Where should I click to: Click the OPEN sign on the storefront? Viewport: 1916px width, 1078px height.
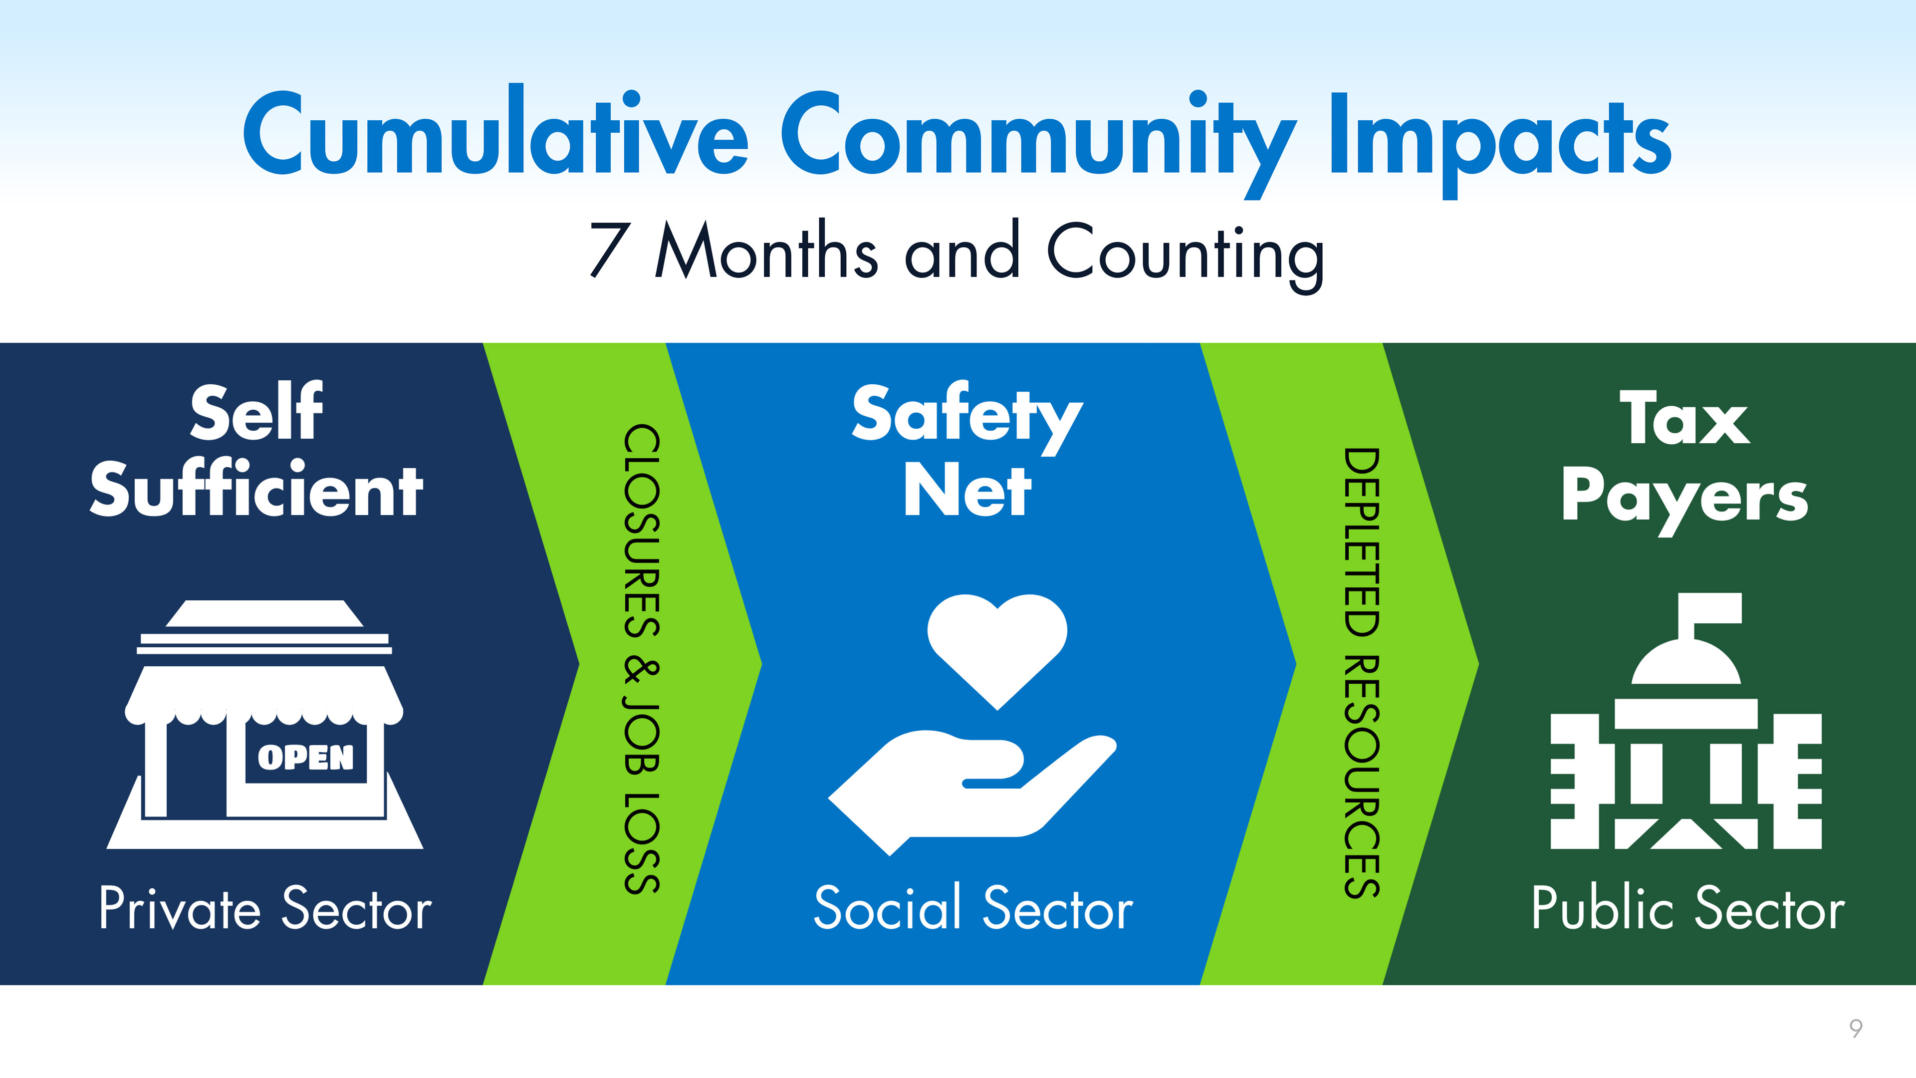tap(306, 758)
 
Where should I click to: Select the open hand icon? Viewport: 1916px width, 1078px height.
tap(972, 794)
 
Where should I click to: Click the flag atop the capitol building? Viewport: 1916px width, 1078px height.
tap(1710, 617)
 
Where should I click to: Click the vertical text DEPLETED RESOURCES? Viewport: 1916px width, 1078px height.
tap(1362, 673)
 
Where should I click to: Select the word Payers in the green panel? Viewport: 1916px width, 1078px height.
tap(1684, 499)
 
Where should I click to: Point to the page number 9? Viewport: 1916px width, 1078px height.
tap(1856, 1028)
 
